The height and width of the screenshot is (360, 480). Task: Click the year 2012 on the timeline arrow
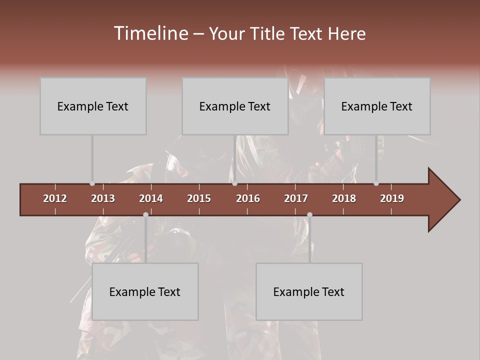(55, 198)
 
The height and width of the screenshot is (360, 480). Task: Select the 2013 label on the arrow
(103, 198)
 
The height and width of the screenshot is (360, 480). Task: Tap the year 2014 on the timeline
(151, 198)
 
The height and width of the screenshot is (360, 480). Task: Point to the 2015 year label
(199, 198)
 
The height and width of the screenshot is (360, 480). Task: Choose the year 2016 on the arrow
(248, 198)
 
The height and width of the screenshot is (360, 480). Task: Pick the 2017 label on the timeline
(296, 198)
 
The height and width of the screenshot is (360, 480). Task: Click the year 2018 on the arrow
(344, 198)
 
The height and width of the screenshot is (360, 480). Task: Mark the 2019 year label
(392, 198)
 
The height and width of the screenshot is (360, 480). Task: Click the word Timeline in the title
(150, 33)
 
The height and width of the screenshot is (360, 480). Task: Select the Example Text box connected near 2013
(93, 106)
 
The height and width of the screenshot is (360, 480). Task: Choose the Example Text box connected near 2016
(235, 106)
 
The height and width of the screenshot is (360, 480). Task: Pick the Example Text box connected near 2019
(377, 106)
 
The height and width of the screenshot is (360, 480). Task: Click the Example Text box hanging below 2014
(145, 291)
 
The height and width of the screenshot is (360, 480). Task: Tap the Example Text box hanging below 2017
(309, 291)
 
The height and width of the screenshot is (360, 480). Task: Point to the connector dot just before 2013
(92, 183)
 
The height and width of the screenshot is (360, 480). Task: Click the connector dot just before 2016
(234, 183)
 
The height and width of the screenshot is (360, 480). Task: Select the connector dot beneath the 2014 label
(145, 214)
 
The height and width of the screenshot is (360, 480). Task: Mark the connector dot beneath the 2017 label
(309, 214)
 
